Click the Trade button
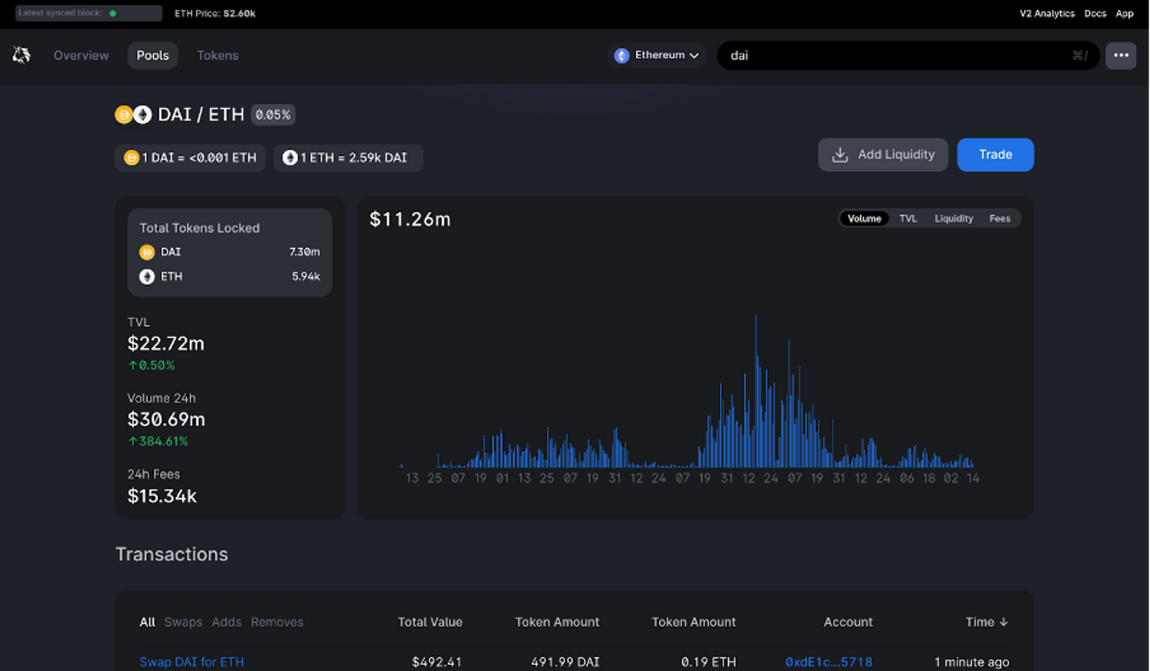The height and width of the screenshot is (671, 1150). [995, 155]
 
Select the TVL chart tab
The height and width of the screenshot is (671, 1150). [908, 218]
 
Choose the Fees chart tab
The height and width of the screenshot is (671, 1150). [999, 218]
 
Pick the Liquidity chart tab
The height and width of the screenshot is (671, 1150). [953, 218]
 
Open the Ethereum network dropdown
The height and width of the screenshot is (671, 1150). [657, 55]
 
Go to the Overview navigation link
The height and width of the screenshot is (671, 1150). [81, 55]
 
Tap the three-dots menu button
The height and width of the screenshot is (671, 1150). [1120, 55]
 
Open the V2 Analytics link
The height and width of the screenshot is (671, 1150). [1047, 13]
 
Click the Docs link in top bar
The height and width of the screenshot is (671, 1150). [1095, 13]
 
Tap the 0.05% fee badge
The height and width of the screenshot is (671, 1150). [273, 115]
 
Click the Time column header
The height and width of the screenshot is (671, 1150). [986, 622]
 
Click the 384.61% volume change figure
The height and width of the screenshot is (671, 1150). [162, 441]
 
